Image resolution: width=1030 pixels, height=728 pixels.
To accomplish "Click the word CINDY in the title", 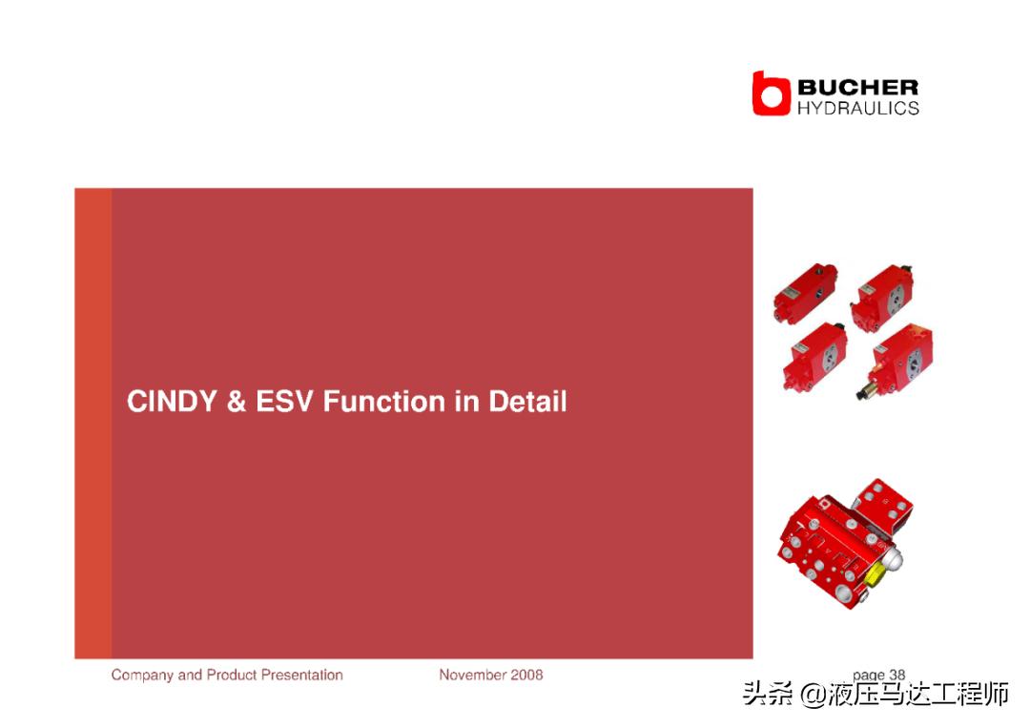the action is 172,402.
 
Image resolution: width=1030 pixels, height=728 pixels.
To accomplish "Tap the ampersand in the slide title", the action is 236,402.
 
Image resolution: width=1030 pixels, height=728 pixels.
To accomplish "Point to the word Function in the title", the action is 383,402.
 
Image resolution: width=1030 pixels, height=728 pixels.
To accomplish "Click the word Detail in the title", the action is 526,402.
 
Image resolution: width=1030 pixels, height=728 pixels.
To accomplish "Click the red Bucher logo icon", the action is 771,94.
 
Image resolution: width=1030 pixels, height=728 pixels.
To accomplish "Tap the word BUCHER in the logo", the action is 858,87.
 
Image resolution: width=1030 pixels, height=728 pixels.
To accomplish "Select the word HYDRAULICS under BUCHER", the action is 858,109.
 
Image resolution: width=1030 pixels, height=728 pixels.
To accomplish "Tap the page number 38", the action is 897,675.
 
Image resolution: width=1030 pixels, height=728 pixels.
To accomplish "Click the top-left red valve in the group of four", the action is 805,292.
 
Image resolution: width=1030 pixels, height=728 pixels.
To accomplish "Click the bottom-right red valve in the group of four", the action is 896,361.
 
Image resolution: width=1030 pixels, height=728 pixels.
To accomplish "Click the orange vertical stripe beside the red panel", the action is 93,423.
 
